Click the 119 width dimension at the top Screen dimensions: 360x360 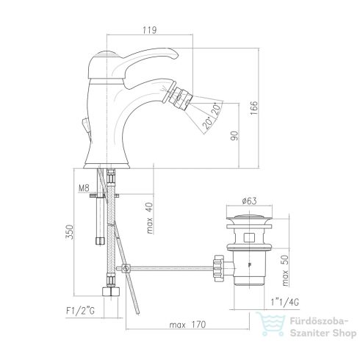click(x=150, y=30)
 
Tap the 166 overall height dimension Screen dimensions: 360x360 click(x=254, y=108)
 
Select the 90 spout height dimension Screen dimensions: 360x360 click(x=234, y=136)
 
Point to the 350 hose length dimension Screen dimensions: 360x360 click(x=69, y=232)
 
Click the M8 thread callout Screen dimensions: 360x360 click(x=84, y=188)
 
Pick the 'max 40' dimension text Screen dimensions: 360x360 click(x=149, y=218)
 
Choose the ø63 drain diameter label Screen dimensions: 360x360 click(x=249, y=201)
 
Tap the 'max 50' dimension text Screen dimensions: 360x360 click(x=285, y=270)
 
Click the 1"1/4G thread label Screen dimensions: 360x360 click(x=285, y=302)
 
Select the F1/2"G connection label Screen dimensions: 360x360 click(x=80, y=311)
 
